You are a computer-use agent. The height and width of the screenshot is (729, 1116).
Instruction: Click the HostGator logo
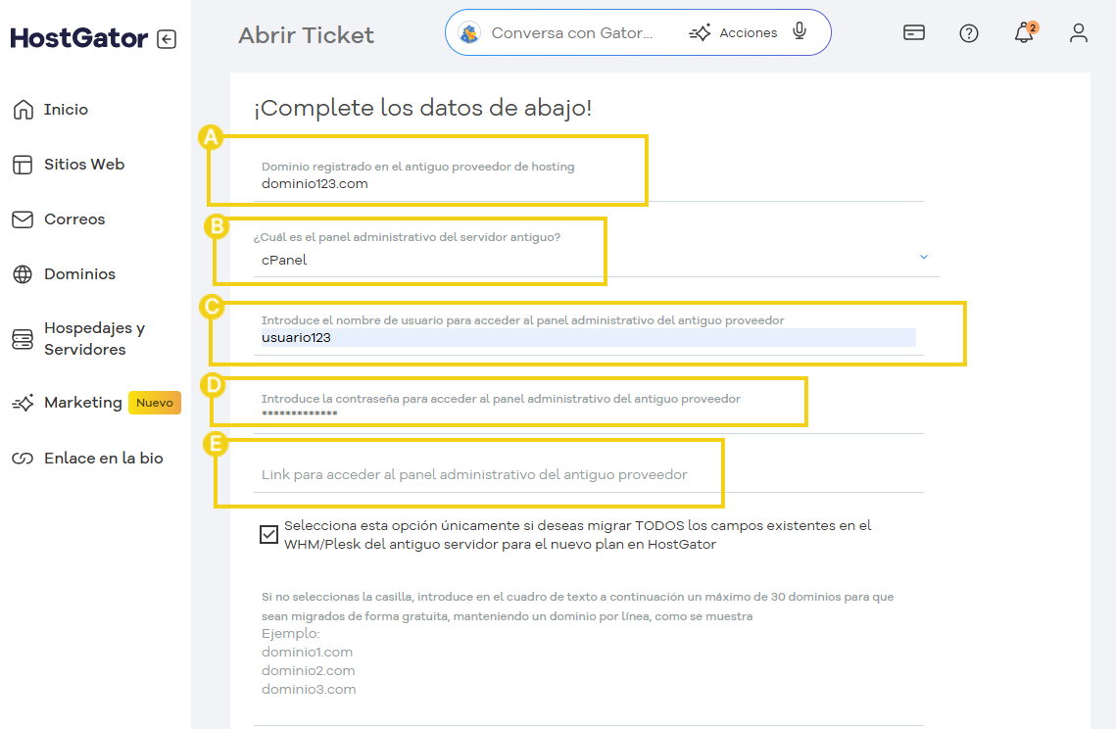[x=78, y=38]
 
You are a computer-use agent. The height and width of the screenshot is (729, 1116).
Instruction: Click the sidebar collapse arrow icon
[x=167, y=39]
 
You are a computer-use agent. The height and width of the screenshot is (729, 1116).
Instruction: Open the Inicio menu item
[x=66, y=110]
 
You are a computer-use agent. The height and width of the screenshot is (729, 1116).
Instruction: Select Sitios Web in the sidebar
[x=83, y=165]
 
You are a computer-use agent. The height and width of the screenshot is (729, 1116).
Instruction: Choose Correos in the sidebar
[x=73, y=219]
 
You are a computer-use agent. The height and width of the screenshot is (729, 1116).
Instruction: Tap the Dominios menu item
[x=78, y=274]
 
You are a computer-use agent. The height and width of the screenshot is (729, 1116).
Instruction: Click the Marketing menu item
[x=82, y=403]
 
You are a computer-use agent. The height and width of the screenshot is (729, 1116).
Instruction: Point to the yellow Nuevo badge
[x=155, y=403]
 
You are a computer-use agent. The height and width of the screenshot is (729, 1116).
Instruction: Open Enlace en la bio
[x=103, y=459]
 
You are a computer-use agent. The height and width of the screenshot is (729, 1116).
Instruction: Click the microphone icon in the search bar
[x=800, y=31]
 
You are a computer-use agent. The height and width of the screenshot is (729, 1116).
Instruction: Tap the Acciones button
[x=735, y=32]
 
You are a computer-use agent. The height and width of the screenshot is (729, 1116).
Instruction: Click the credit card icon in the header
[x=914, y=32]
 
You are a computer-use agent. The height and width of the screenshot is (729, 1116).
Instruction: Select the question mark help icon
[x=969, y=33]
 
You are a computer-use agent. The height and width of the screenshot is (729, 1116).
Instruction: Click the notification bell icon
[x=1024, y=33]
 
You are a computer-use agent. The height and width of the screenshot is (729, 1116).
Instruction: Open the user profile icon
[x=1079, y=33]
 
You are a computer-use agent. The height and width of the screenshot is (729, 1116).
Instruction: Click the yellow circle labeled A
[x=210, y=137]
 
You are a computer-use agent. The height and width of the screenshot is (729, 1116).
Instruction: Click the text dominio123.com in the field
[x=315, y=183]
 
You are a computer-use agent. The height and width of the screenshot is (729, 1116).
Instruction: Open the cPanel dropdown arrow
[x=923, y=257]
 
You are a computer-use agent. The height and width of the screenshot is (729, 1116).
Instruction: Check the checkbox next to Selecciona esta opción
[x=268, y=534]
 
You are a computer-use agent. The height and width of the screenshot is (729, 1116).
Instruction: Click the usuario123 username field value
[x=296, y=338]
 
